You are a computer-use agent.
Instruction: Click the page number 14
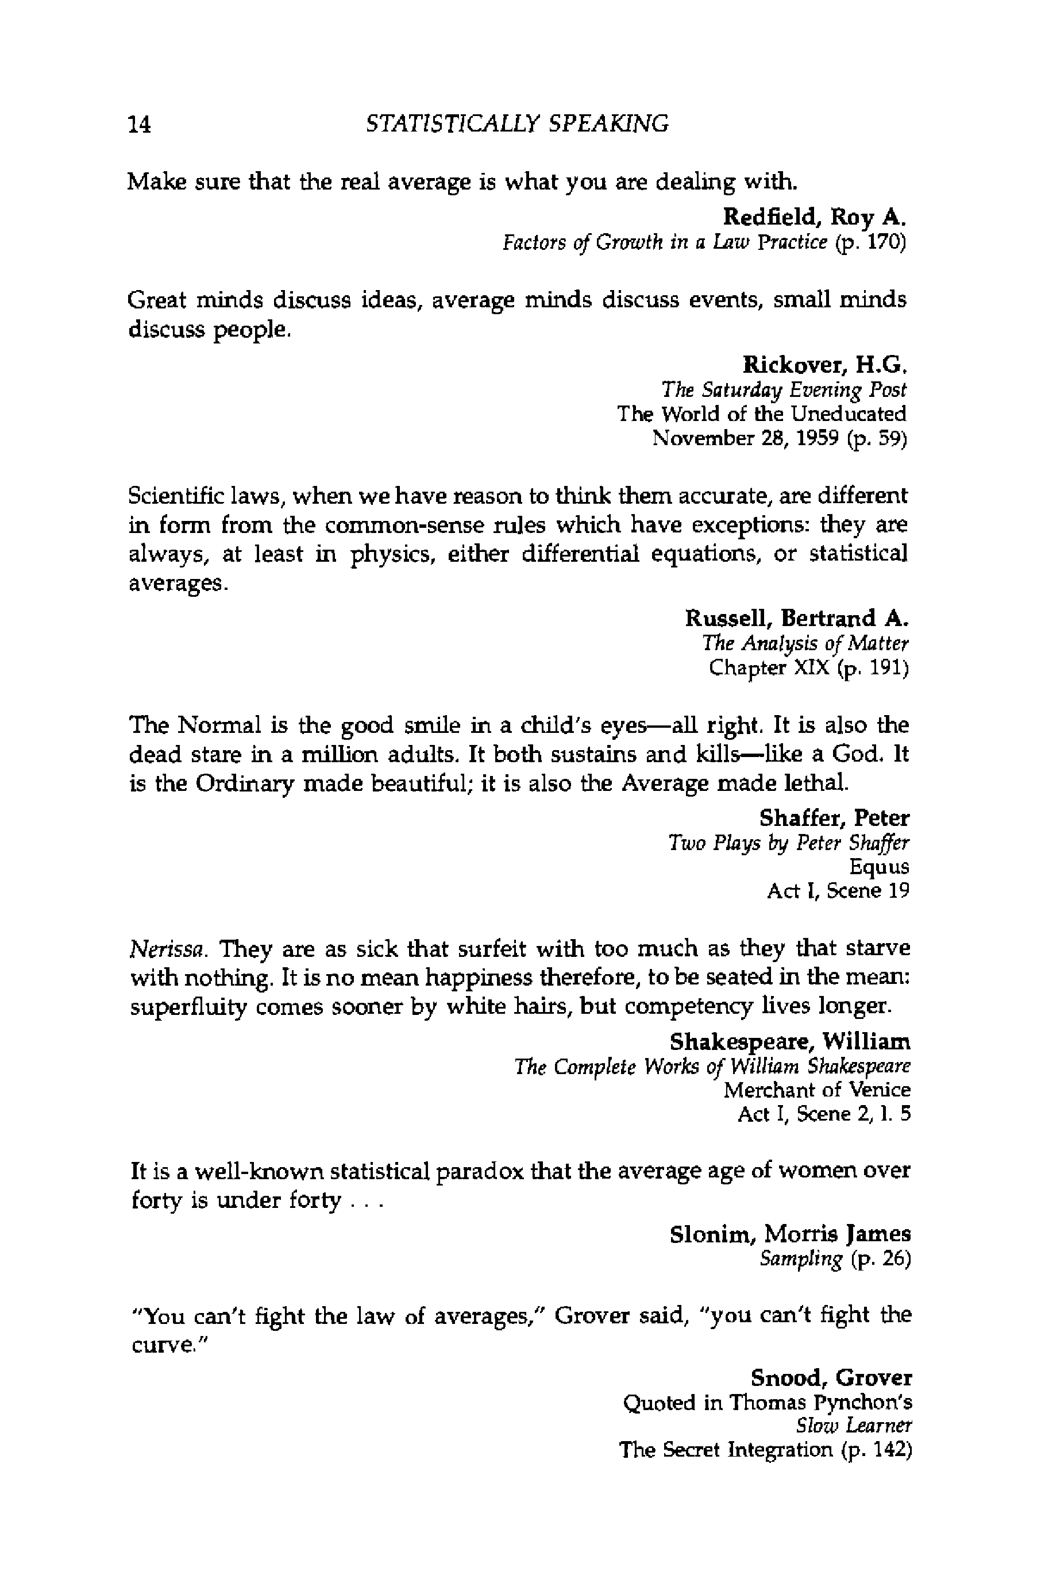pyautogui.click(x=140, y=124)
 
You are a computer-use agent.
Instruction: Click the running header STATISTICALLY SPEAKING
pyautogui.click(x=517, y=123)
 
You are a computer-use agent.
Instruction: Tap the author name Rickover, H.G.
pyautogui.click(x=824, y=364)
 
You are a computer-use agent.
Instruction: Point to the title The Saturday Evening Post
pyautogui.click(x=784, y=389)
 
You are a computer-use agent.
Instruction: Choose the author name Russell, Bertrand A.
pyautogui.click(x=796, y=618)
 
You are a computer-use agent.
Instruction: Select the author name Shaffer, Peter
pyautogui.click(x=834, y=818)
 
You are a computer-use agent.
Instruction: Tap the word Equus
pyautogui.click(x=878, y=867)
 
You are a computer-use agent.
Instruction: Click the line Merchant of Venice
pyautogui.click(x=817, y=1090)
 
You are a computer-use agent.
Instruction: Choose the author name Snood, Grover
pyautogui.click(x=831, y=1377)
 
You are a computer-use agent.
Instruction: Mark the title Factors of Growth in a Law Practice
pyautogui.click(x=665, y=241)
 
